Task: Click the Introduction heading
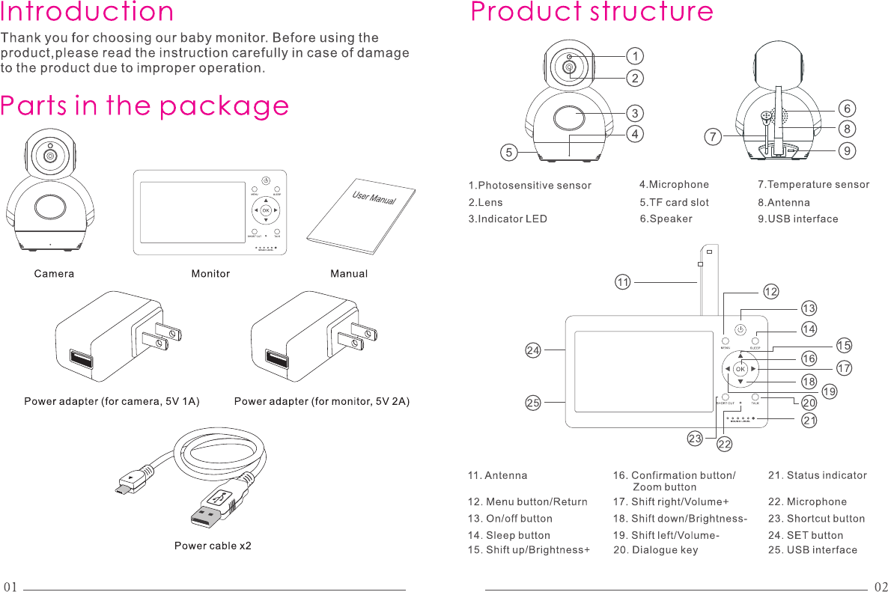(88, 13)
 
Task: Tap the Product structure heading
(592, 13)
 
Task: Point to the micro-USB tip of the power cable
(121, 489)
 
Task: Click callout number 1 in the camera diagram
(635, 56)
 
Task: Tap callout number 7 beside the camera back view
(714, 137)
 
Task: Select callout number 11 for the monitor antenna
(622, 282)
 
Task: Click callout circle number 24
(532, 350)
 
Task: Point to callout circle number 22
(724, 445)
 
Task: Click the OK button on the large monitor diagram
(740, 369)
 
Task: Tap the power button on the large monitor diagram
(740, 329)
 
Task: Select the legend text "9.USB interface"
(797, 219)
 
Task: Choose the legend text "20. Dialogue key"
(655, 550)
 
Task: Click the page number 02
(881, 586)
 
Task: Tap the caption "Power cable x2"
(213, 546)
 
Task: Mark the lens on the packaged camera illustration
(50, 156)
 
